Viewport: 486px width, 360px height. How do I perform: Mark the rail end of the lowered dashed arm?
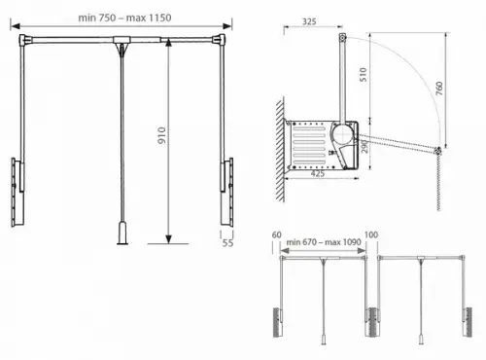[439, 152]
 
